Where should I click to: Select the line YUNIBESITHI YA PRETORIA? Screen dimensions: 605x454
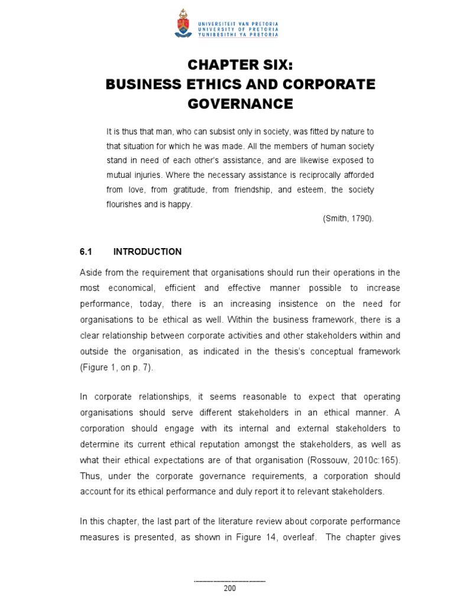point(238,34)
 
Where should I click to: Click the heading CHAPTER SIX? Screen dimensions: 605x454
point(240,65)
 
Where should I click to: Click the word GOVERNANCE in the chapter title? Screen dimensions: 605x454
point(240,104)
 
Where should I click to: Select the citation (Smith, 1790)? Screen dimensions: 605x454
point(348,219)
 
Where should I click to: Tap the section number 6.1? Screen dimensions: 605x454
point(87,252)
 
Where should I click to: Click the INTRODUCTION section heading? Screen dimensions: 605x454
point(147,252)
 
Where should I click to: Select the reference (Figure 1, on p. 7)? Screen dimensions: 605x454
point(117,367)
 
